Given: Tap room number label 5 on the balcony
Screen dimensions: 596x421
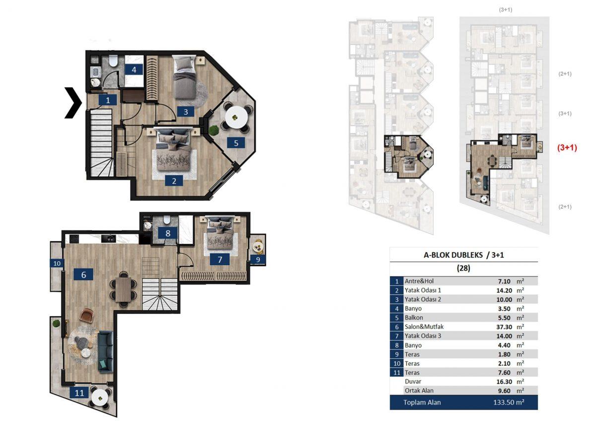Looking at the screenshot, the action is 236,143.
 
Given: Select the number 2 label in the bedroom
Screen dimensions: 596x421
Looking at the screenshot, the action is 174,181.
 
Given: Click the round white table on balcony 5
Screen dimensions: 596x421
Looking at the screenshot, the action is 236,117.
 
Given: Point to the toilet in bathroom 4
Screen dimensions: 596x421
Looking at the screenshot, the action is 113,61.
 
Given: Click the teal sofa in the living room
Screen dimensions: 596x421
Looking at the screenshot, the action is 105,351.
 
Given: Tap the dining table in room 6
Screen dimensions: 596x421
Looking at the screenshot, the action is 123,289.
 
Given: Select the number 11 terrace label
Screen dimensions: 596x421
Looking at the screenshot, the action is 79,393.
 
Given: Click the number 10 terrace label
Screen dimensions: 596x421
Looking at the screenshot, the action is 57,263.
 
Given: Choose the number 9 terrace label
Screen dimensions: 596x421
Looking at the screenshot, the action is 258,260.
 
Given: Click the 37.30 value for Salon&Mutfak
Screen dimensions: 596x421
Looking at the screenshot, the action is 504,327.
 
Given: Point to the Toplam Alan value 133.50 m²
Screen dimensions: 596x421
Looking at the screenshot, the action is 509,402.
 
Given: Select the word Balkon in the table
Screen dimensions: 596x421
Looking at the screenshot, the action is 414,318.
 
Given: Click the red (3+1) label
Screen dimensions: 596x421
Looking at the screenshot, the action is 567,147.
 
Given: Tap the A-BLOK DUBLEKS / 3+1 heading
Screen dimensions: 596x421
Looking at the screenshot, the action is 464,255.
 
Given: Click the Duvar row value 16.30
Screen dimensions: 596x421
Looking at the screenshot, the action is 504,382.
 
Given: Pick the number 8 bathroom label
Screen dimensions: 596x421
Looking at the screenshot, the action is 168,233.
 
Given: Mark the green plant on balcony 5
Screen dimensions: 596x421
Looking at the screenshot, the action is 214,130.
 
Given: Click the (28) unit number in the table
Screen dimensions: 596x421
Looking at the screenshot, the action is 463,268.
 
